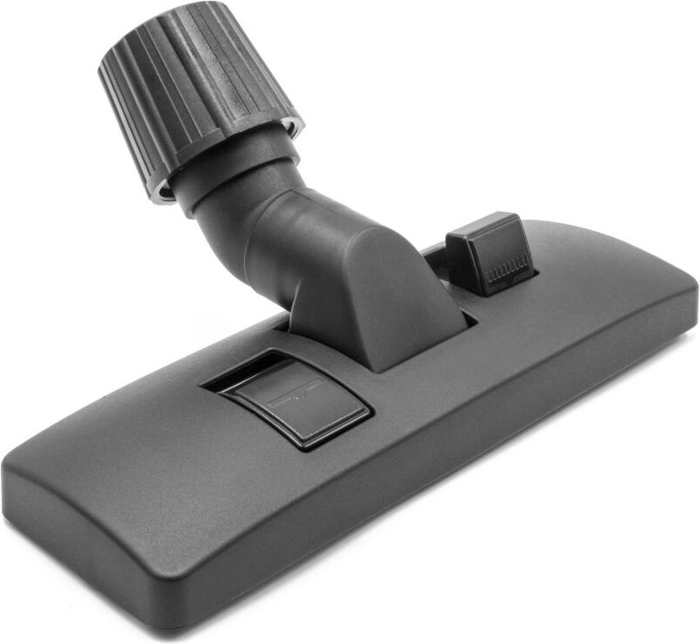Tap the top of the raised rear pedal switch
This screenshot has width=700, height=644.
coord(483,233)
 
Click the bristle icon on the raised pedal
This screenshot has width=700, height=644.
coord(508,267)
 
